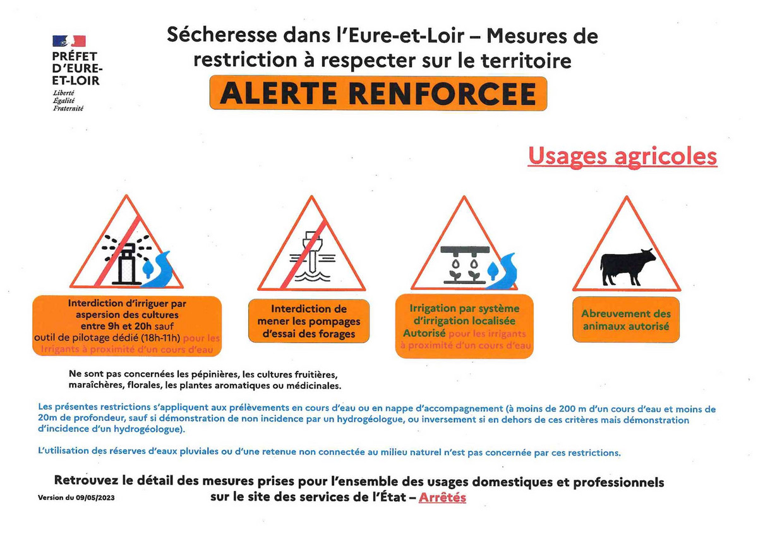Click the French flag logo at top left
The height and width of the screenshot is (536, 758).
point(69,42)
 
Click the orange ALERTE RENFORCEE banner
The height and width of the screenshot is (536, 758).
point(378,94)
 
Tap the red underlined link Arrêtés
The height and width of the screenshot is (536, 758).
point(442,497)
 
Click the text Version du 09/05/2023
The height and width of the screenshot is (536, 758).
point(76,497)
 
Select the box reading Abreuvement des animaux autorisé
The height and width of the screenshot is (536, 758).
point(626,320)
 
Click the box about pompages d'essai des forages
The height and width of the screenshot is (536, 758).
point(309,321)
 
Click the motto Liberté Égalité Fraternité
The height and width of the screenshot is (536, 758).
point(64,100)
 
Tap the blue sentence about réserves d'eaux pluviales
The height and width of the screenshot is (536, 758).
point(329,452)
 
